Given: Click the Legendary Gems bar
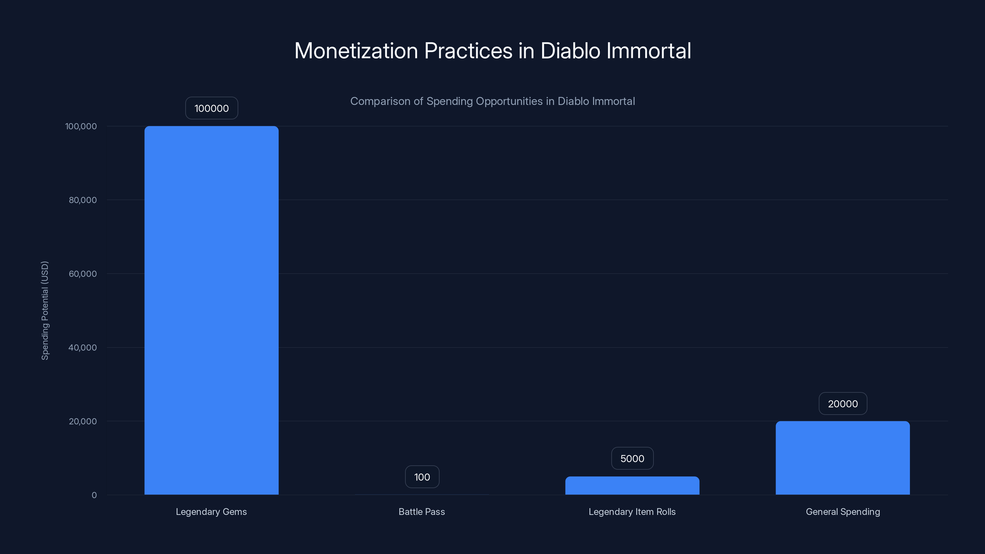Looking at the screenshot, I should click(x=211, y=310).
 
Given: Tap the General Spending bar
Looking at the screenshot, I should click(x=842, y=458).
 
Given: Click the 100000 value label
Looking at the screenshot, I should click(x=211, y=108).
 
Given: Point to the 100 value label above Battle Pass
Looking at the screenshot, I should click(x=422, y=477).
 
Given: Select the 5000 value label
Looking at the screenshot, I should click(x=632, y=458).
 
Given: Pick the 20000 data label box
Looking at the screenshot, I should click(x=842, y=404).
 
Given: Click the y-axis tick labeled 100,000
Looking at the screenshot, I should click(x=81, y=126).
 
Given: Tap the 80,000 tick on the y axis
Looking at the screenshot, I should click(x=82, y=200).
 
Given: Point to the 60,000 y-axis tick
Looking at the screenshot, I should click(x=82, y=274).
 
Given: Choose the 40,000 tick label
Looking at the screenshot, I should click(x=82, y=347).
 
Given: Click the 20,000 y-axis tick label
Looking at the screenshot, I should click(x=82, y=421).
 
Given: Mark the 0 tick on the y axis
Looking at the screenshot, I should click(x=94, y=495).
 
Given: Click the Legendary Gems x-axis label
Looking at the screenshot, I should click(x=211, y=512).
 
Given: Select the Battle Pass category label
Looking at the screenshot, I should click(x=422, y=512).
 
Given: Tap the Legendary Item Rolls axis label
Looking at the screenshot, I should click(x=632, y=512).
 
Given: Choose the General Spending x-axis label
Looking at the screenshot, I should click(x=843, y=512).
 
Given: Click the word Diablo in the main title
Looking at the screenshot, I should click(x=570, y=51).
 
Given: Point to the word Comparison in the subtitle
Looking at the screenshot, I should click(x=380, y=101).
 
